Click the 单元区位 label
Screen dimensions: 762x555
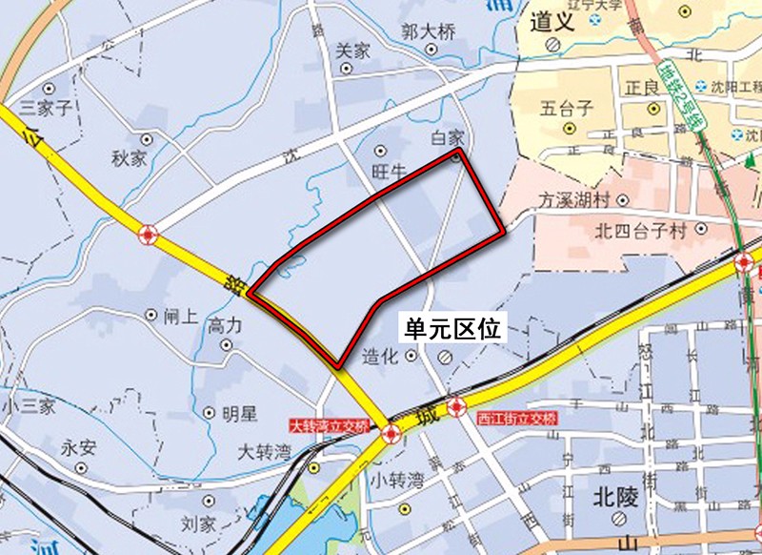pyautogui.click(x=452, y=329)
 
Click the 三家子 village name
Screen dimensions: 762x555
pyautogui.click(x=40, y=107)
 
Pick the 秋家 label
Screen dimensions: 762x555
pyautogui.click(x=129, y=158)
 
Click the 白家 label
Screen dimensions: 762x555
pyautogui.click(x=447, y=138)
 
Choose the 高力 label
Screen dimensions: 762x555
pyautogui.click(x=226, y=325)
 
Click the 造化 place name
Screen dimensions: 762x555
pyautogui.click(x=379, y=357)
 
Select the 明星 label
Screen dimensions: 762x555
pyautogui.click(x=238, y=413)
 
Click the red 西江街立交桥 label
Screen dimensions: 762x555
pyautogui.click(x=516, y=418)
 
